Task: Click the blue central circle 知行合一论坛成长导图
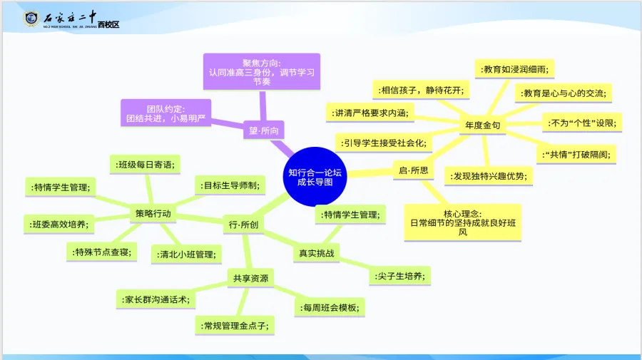315,177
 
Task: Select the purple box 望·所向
263,130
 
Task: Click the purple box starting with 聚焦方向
261,71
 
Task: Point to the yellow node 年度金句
482,125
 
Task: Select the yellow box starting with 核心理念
462,222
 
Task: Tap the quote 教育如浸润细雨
514,69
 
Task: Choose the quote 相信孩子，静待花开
421,90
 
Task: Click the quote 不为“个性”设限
581,123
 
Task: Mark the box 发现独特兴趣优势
488,176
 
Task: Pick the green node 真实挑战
316,252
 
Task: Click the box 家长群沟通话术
156,299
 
